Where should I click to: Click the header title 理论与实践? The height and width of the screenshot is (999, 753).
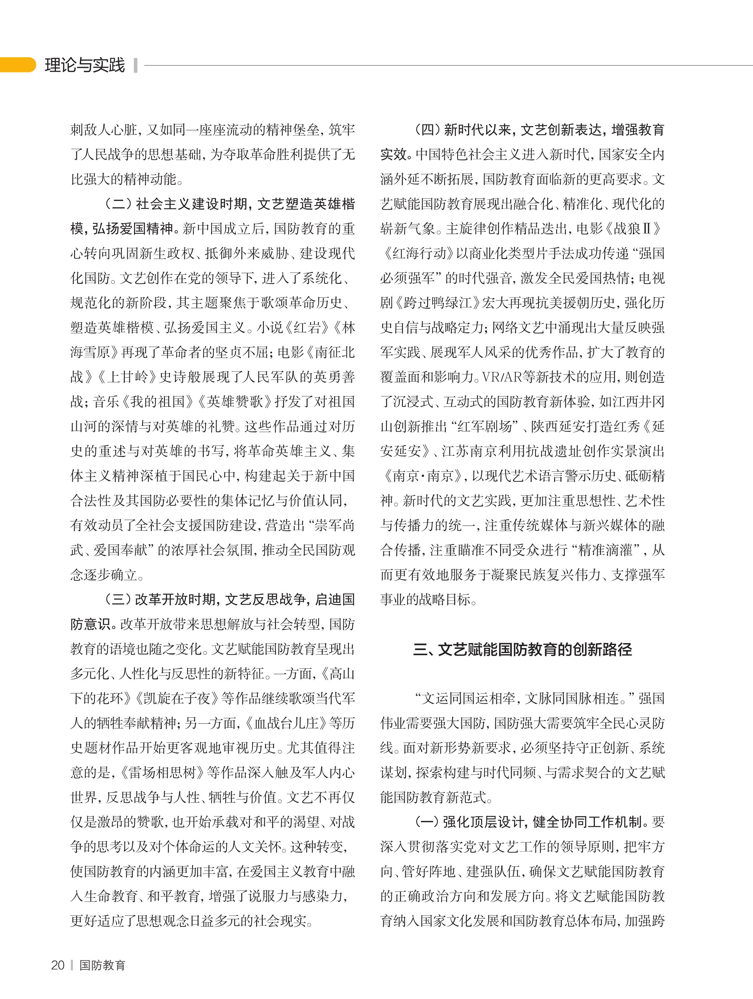(84, 65)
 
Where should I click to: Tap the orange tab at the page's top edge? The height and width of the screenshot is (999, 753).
(17, 65)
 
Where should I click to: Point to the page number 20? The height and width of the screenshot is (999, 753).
(58, 965)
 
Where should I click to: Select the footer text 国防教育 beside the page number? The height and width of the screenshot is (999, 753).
(102, 965)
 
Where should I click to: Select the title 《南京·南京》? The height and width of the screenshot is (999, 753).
(421, 476)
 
